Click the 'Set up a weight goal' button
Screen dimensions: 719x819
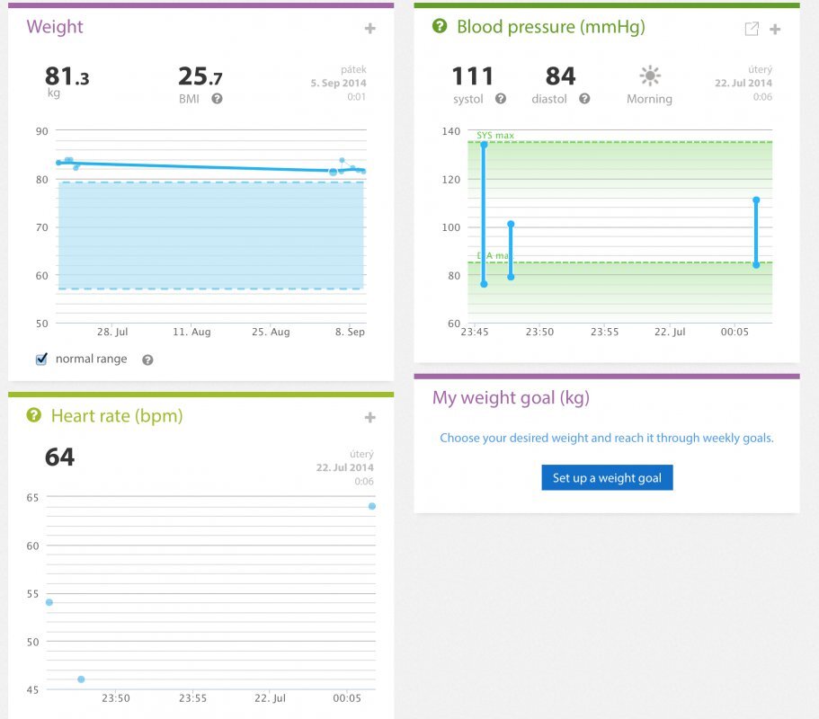[x=607, y=478]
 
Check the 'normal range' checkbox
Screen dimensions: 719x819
[x=41, y=359]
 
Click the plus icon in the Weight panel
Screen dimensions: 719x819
[x=369, y=29]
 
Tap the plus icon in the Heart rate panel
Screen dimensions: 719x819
[x=369, y=417]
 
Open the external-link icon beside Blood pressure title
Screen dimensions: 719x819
[x=752, y=29]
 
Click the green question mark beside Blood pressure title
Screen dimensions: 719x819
[x=440, y=27]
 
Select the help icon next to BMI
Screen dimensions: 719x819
[x=217, y=99]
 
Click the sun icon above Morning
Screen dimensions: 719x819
[x=649, y=75]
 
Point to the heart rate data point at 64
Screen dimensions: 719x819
[x=371, y=506]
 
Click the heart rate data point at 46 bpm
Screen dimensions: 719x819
[x=81, y=679]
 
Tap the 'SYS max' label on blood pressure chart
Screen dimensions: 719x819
[x=495, y=136]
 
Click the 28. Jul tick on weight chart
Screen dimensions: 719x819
[x=112, y=332]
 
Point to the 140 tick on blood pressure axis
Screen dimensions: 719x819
[x=450, y=131]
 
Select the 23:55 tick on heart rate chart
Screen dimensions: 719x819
[x=193, y=697]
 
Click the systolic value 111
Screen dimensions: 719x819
[x=473, y=77]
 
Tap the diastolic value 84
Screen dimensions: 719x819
[x=560, y=77]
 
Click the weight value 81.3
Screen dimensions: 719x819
[x=67, y=77]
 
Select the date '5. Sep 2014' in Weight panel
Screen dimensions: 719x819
[x=338, y=83]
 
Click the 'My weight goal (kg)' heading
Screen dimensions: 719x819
[x=511, y=398]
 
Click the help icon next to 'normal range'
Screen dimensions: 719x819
[x=147, y=359]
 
